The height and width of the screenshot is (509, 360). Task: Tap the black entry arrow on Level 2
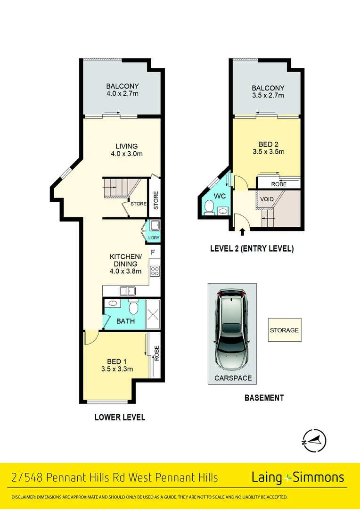[x=242, y=231]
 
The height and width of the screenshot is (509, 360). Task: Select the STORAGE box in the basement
[x=284, y=330]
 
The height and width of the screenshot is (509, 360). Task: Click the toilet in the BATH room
[x=133, y=306]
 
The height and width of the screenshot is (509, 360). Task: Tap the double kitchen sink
[x=127, y=291]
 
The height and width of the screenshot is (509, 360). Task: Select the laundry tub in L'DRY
[x=155, y=225]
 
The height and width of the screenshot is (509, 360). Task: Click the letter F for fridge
[x=153, y=251]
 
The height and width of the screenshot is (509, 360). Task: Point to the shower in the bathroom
[x=153, y=314]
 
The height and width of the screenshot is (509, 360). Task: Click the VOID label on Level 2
[x=267, y=199]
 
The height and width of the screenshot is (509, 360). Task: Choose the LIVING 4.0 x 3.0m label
[x=126, y=150]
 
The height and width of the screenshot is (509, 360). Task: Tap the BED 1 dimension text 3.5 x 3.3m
[x=117, y=369]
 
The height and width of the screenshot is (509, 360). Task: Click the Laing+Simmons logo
[x=298, y=477]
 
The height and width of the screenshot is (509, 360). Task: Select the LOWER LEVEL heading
[x=120, y=417]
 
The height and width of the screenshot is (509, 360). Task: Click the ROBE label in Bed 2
[x=278, y=184]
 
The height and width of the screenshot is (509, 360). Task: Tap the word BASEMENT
[x=264, y=398]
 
